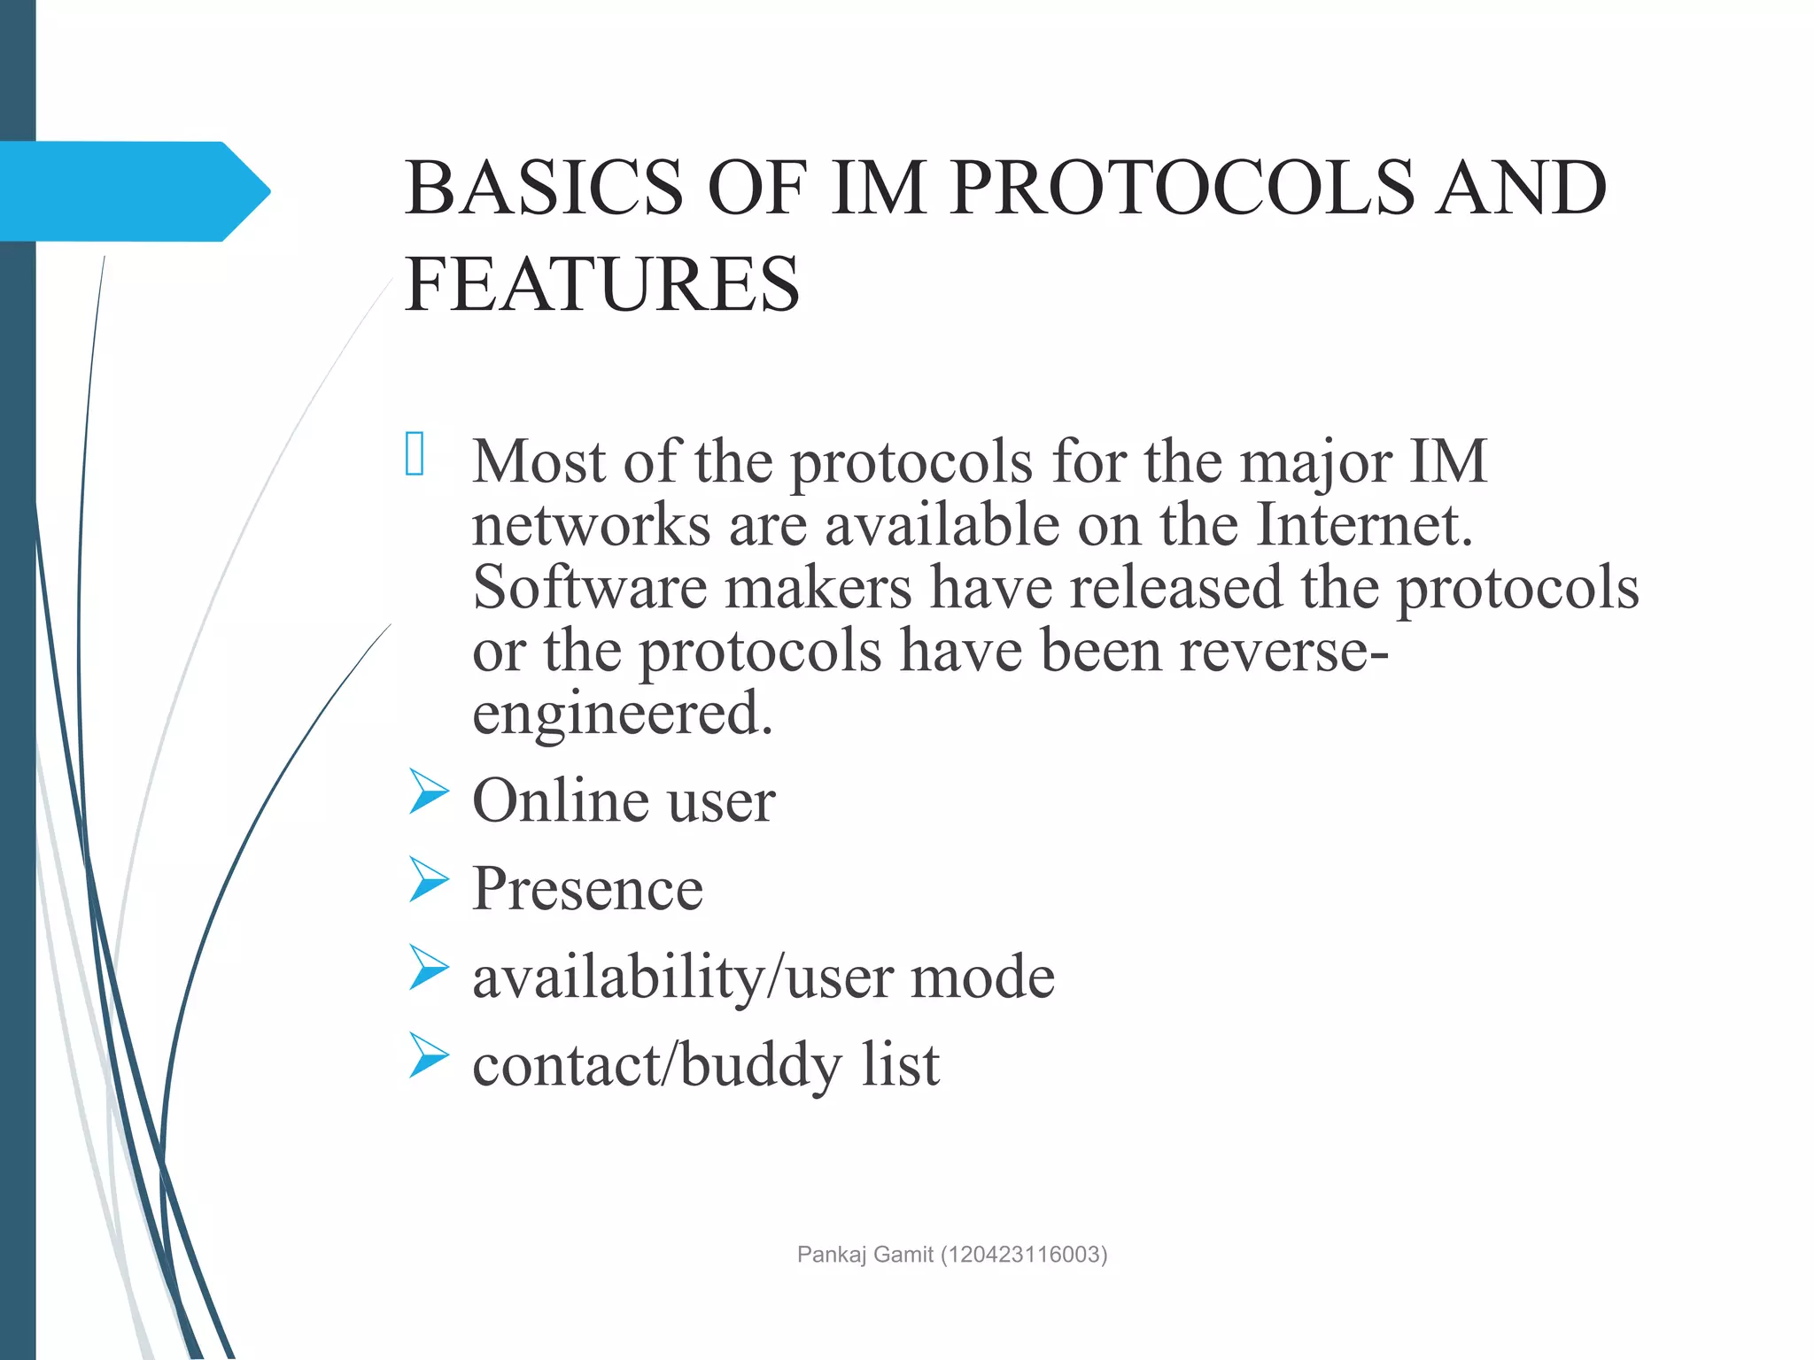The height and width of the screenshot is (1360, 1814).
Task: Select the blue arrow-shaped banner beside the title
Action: tap(133, 191)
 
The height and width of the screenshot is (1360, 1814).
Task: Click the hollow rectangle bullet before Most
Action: tap(415, 454)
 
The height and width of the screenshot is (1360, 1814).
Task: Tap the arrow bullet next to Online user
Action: tap(429, 791)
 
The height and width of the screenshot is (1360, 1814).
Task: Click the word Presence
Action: tap(587, 888)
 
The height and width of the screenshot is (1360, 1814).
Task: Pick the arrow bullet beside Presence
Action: tap(429, 879)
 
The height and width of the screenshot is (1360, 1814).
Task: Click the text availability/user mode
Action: tap(763, 977)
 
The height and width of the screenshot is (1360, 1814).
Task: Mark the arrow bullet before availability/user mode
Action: tap(429, 967)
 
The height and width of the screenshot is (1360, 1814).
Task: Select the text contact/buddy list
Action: tap(705, 1064)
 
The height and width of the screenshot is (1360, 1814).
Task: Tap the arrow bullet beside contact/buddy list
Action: tap(429, 1055)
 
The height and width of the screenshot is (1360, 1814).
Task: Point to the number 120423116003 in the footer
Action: tap(1024, 1254)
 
